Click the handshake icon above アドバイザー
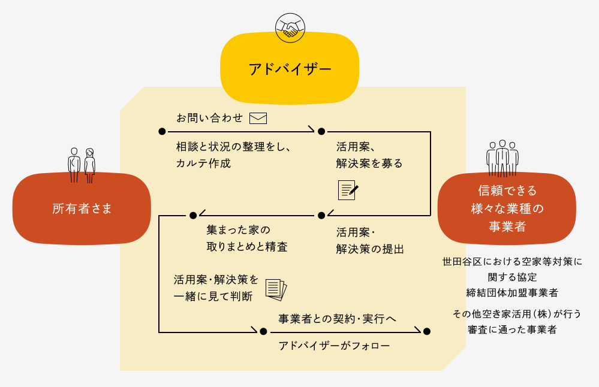(290, 28)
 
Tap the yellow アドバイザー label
(290, 68)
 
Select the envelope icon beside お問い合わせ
(258, 118)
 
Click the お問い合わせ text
(209, 118)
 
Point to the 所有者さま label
(82, 208)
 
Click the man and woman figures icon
(82, 165)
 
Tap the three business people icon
(502, 158)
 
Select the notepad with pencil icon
(348, 190)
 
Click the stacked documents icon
(276, 290)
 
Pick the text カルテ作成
(203, 164)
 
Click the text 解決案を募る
(369, 164)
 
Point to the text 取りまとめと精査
(247, 247)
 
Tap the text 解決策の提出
(370, 249)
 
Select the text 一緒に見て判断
(213, 296)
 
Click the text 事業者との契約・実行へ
(337, 319)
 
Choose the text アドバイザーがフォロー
(334, 346)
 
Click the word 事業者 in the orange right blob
(507, 226)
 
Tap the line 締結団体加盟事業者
(512, 293)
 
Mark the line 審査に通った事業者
(512, 329)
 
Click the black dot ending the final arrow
(427, 331)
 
